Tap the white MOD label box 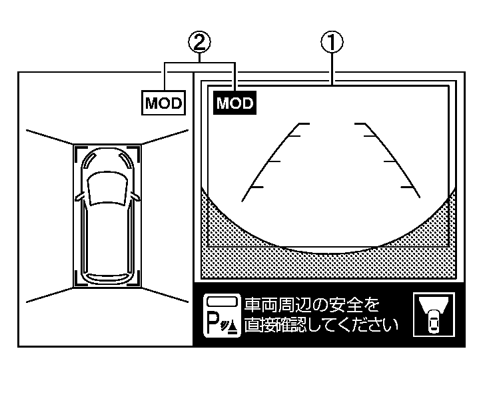tap(164, 103)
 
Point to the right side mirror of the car tap(136, 197)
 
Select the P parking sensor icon tap(221, 315)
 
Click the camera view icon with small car tap(433, 315)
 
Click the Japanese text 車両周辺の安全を tap(312, 306)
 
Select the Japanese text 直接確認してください tap(320, 326)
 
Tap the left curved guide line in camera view tap(270, 160)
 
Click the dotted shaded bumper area tap(331, 264)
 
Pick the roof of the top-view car tap(107, 234)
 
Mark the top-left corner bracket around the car tap(77, 150)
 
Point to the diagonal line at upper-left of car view tap(48, 136)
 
